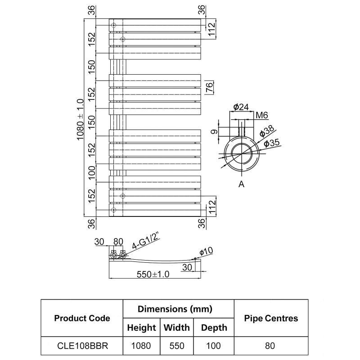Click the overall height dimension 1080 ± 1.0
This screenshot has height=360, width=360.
[x=81, y=119]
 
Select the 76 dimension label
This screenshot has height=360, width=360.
[x=209, y=88]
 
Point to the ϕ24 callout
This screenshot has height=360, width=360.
[x=242, y=107]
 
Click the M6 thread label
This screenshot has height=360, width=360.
[x=262, y=115]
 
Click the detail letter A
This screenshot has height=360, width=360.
[x=241, y=184]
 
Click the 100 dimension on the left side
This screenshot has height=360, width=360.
[x=92, y=173]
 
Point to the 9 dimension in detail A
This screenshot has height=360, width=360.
[x=215, y=132]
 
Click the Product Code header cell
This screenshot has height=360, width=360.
[x=82, y=318]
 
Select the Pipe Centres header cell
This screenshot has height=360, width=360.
[x=271, y=318]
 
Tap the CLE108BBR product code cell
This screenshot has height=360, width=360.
[x=82, y=346]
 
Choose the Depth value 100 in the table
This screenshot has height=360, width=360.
[x=214, y=346]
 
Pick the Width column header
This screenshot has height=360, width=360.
[x=176, y=327]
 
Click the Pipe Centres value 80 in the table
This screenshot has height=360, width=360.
[x=270, y=346]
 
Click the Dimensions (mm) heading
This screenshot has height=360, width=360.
[x=175, y=309]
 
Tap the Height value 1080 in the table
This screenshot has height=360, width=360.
[x=142, y=346]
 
